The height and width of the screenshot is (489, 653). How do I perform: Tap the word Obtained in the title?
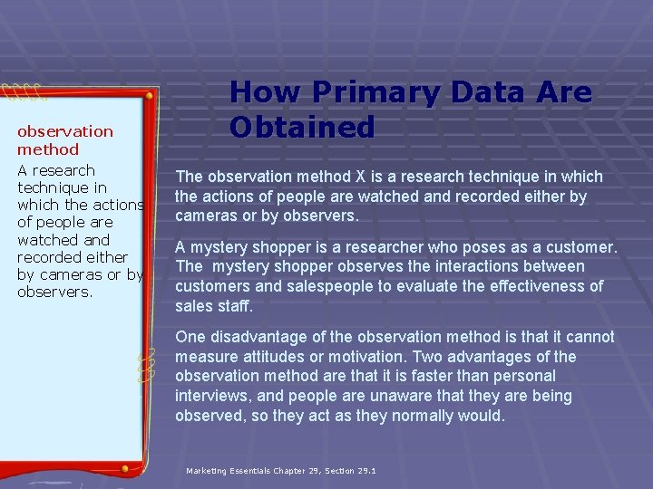click(x=302, y=127)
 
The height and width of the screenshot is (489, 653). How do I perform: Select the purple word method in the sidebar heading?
click(x=48, y=149)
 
